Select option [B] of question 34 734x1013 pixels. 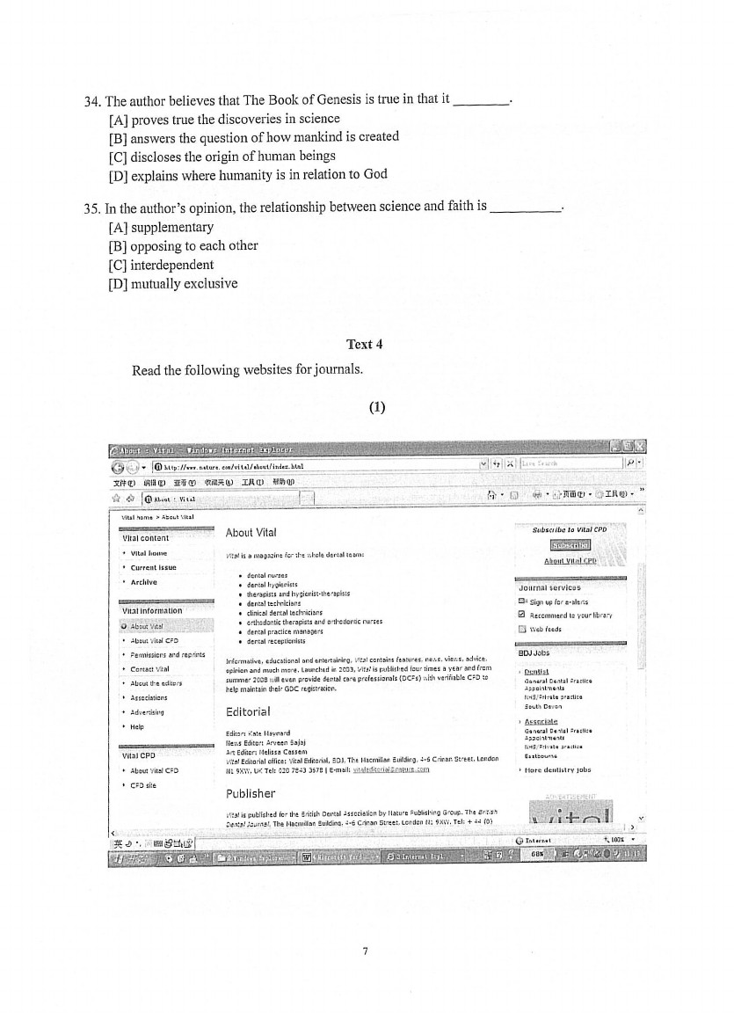253,136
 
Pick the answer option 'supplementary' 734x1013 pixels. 161,227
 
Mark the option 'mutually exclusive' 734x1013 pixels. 172,283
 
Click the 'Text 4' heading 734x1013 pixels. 366,344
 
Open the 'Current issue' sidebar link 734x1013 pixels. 153,567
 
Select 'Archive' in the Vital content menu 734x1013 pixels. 143,581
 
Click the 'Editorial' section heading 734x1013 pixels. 248,711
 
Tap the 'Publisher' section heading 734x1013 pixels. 251,793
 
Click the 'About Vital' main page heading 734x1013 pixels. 251,532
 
